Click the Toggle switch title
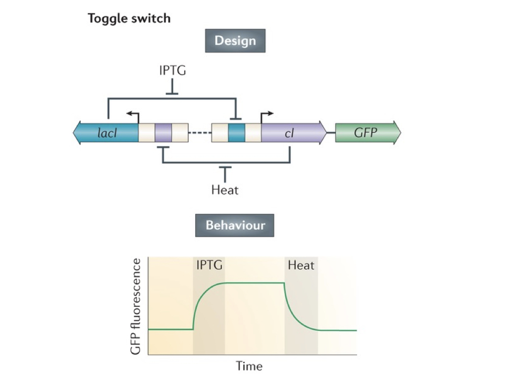[x=129, y=19]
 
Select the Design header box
[x=235, y=41]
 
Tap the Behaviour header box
[x=235, y=225]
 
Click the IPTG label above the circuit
[x=172, y=70]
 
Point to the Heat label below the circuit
[x=225, y=190]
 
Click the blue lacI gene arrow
[x=106, y=133]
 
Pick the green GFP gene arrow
[x=368, y=133]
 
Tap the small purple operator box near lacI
[x=163, y=133]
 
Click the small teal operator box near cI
[x=237, y=133]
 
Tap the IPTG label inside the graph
[x=209, y=265]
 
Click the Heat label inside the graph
[x=301, y=265]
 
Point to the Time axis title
[x=249, y=367]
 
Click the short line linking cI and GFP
[x=331, y=133]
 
